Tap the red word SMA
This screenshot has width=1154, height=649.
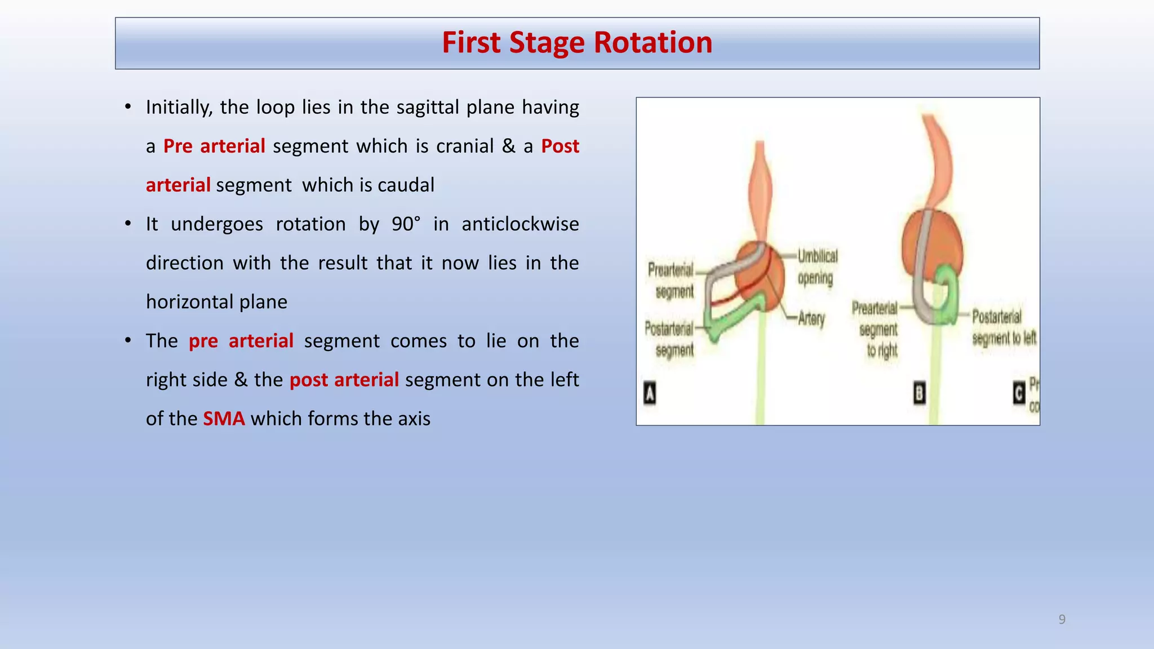pyautogui.click(x=224, y=419)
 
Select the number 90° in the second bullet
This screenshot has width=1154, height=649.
pyautogui.click(x=406, y=224)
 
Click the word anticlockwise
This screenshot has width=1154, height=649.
pyautogui.click(x=520, y=224)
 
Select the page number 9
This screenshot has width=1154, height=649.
pyautogui.click(x=1062, y=620)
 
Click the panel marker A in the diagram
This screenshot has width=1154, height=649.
pyautogui.click(x=650, y=393)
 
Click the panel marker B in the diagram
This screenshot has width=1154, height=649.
pyautogui.click(x=919, y=393)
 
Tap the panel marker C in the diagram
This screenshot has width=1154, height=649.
pyautogui.click(x=1019, y=393)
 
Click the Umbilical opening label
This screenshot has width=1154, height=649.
pyautogui.click(x=817, y=267)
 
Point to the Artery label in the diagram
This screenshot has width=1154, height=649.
pyautogui.click(x=811, y=319)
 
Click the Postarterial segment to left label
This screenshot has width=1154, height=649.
pyautogui.click(x=1002, y=328)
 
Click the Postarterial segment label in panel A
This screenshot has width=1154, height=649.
pyautogui.click(x=671, y=339)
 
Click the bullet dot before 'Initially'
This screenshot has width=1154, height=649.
pyautogui.click(x=128, y=107)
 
